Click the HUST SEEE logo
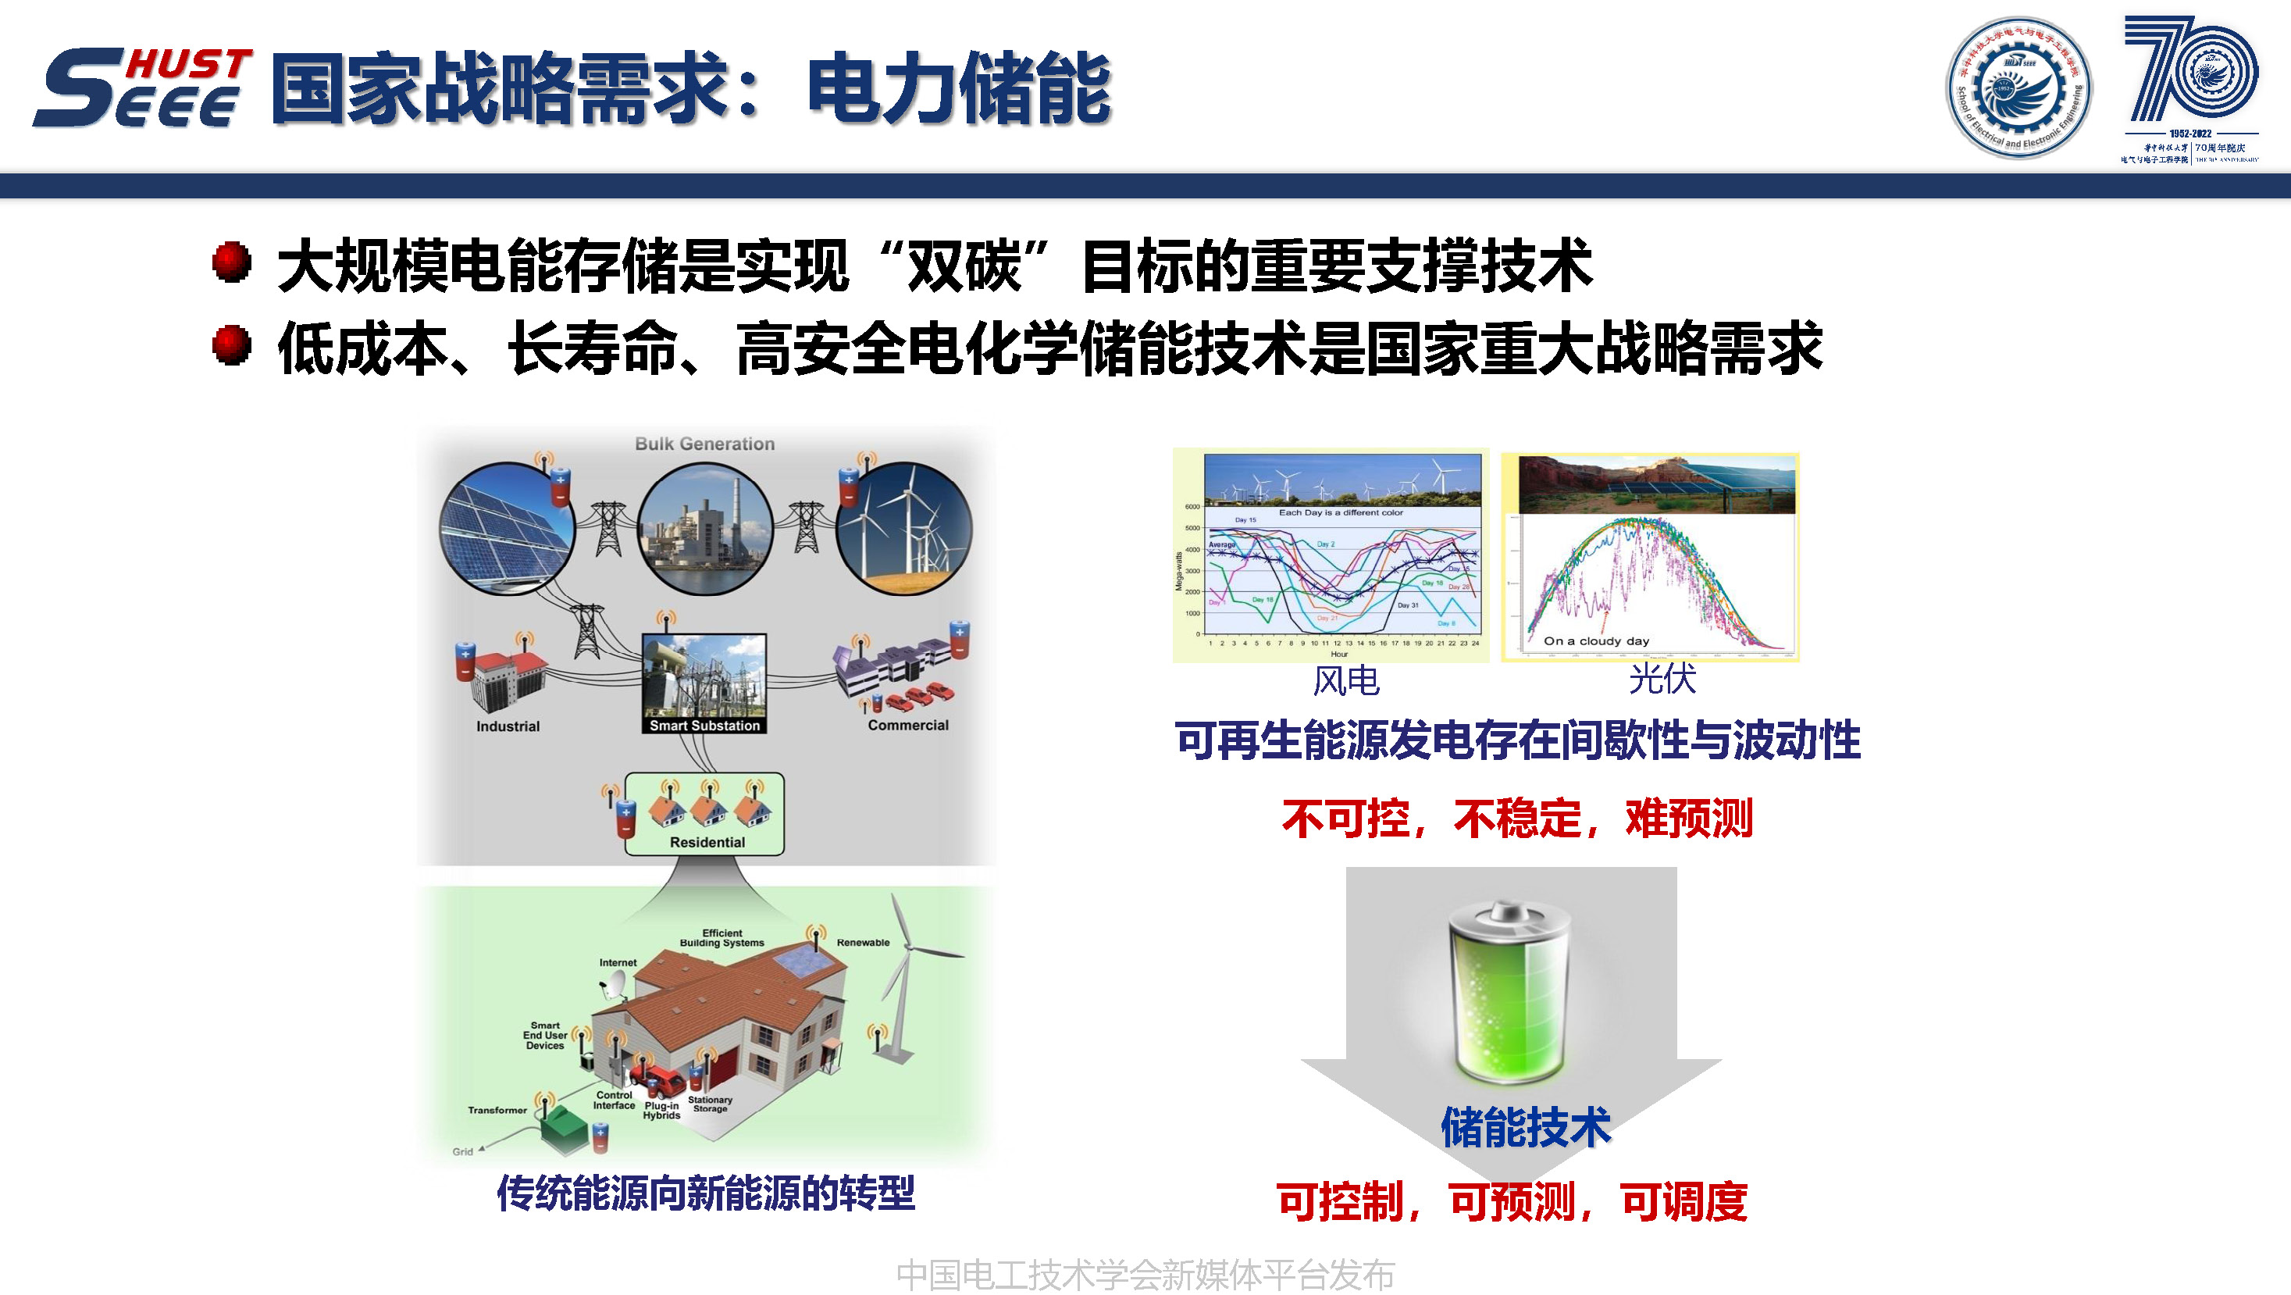tap(142, 87)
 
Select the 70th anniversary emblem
tap(2189, 87)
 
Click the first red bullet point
tap(232, 262)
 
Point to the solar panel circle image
tap(508, 528)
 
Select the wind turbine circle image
tap(903, 528)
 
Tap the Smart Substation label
tap(704, 726)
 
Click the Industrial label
tap(508, 726)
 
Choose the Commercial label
tap(908, 726)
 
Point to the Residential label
tap(707, 842)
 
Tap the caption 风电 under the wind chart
tap(1345, 682)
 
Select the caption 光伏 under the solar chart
tap(1662, 680)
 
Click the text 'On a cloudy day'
tap(1596, 641)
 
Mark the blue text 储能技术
tap(1526, 1128)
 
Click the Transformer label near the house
tap(497, 1110)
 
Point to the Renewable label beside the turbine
tap(863, 943)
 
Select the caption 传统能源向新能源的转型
tap(705, 1193)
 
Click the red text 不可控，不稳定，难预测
tap(1516, 819)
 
